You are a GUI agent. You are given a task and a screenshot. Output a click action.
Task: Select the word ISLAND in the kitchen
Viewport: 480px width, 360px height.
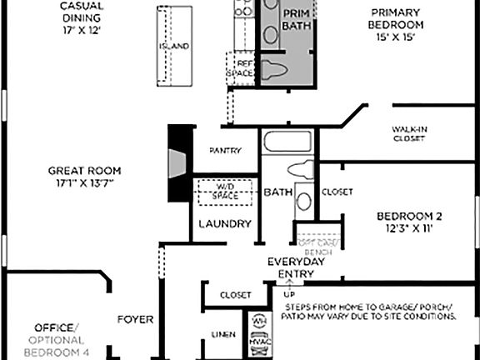coord(174,46)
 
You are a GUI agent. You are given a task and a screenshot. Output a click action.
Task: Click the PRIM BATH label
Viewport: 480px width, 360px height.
coord(296,20)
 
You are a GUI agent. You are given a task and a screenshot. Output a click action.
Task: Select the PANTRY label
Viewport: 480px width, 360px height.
coord(225,151)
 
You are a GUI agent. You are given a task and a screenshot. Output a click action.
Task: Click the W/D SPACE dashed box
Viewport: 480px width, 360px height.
coord(226,191)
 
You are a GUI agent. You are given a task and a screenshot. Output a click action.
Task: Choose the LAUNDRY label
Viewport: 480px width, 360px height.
coord(225,223)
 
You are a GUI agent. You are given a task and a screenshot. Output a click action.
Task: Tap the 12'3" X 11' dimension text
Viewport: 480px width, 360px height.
coord(403,227)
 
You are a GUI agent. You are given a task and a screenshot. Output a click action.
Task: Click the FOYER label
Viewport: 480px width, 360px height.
coord(135,318)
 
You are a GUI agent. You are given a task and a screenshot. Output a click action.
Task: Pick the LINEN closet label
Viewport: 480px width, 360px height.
coord(223,335)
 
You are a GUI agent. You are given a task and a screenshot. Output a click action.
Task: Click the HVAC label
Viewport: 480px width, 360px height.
coord(258,341)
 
